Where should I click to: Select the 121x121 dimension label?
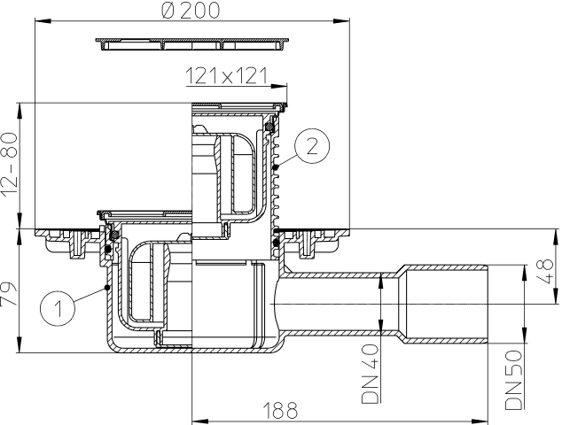pyautogui.click(x=227, y=77)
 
